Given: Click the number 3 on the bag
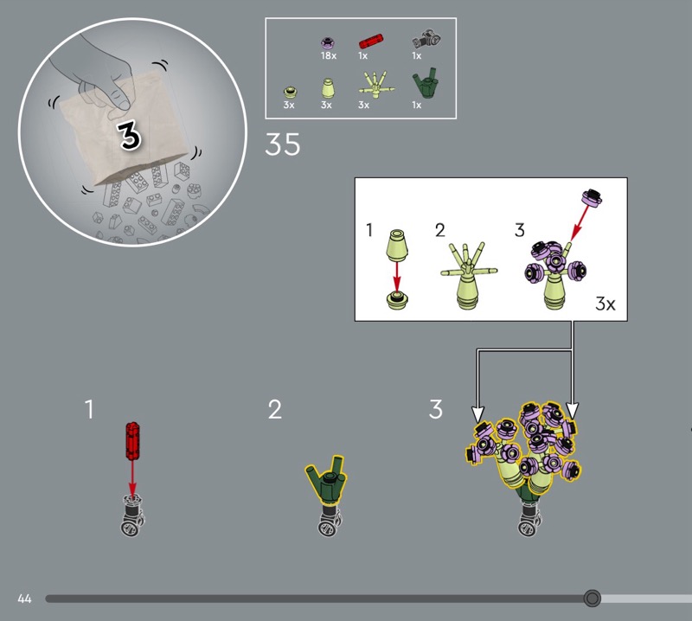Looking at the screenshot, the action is point(129,136).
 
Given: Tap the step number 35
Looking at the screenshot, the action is point(283,144).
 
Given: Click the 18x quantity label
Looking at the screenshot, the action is point(329,55).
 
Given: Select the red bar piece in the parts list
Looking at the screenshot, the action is point(371,42).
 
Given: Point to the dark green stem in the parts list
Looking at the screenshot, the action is point(426,83).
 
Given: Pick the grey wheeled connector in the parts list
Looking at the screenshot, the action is point(426,39).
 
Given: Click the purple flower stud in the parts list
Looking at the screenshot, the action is point(329,42).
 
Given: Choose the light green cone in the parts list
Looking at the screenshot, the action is point(327,88).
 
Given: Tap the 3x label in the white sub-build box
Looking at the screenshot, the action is point(605,304).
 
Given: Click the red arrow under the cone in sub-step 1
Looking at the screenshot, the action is point(397,277).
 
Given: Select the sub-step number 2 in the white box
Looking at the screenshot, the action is point(440,230).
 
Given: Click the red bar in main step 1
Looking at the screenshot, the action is point(132,441).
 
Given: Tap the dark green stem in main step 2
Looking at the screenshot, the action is point(327,480).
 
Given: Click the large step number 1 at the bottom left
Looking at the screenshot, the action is point(89,409).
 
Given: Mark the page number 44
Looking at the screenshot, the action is point(25,599).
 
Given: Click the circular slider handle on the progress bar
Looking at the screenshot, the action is point(592,599).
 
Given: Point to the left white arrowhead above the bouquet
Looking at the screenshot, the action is point(478,414).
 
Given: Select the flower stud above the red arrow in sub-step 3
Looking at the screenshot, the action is point(592,198).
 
